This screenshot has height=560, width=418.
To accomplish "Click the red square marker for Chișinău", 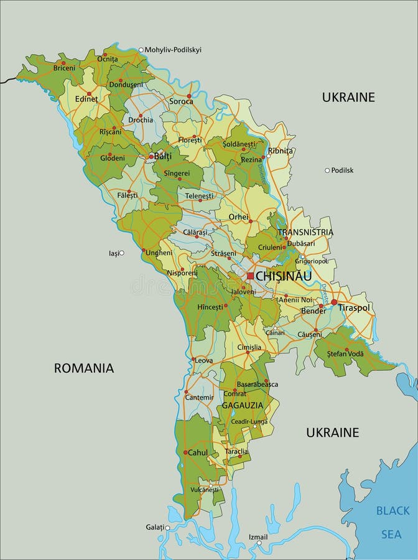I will tap(250, 276).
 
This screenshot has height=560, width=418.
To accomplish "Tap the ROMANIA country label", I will tap(84, 368).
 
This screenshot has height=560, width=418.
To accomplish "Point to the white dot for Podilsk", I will tap(327, 170).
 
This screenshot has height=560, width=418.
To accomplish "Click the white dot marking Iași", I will tap(122, 253).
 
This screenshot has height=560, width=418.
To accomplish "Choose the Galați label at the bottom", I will tap(155, 527).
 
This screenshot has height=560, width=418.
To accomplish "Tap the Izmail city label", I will tap(258, 536).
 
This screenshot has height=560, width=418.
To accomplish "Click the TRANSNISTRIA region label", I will tap(305, 232).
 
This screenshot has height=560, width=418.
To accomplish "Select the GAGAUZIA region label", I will tap(243, 404).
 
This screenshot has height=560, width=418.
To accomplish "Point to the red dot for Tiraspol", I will tap(334, 302).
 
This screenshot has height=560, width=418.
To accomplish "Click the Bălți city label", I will tap(162, 156).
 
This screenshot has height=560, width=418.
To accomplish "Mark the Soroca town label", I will tap(181, 101).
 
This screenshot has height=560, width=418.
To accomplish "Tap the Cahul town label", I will tap(198, 452).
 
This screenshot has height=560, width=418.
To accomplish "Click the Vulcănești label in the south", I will tap(206, 490).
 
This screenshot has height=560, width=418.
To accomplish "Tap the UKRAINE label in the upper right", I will tap(348, 97).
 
